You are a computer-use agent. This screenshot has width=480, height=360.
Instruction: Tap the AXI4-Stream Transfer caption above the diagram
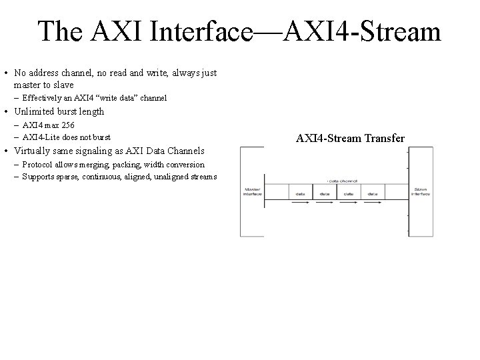click(350, 139)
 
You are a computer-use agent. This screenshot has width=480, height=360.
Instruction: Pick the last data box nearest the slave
click(371, 193)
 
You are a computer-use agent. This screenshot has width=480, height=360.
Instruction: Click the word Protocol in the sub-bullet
click(37, 164)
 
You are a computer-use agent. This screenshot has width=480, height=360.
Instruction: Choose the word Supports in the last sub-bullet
click(38, 177)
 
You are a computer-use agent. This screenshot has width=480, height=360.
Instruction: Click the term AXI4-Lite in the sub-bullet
click(39, 137)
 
